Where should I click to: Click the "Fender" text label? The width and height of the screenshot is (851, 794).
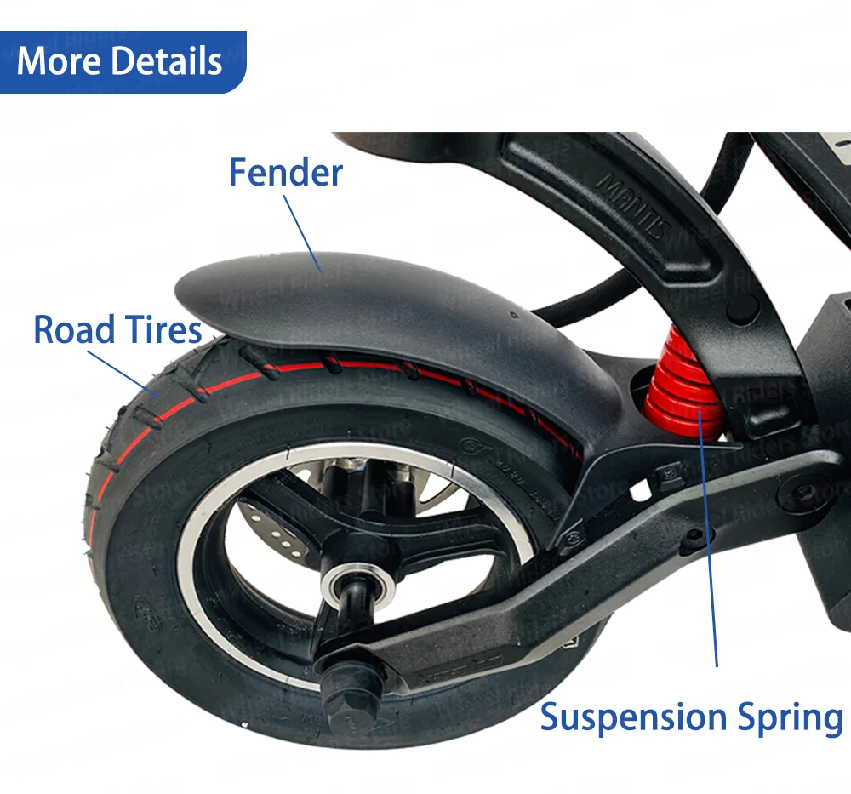(286, 172)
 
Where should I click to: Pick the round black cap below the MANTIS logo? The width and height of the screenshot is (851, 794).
(744, 303)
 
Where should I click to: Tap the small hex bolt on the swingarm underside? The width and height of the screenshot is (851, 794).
(697, 537)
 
